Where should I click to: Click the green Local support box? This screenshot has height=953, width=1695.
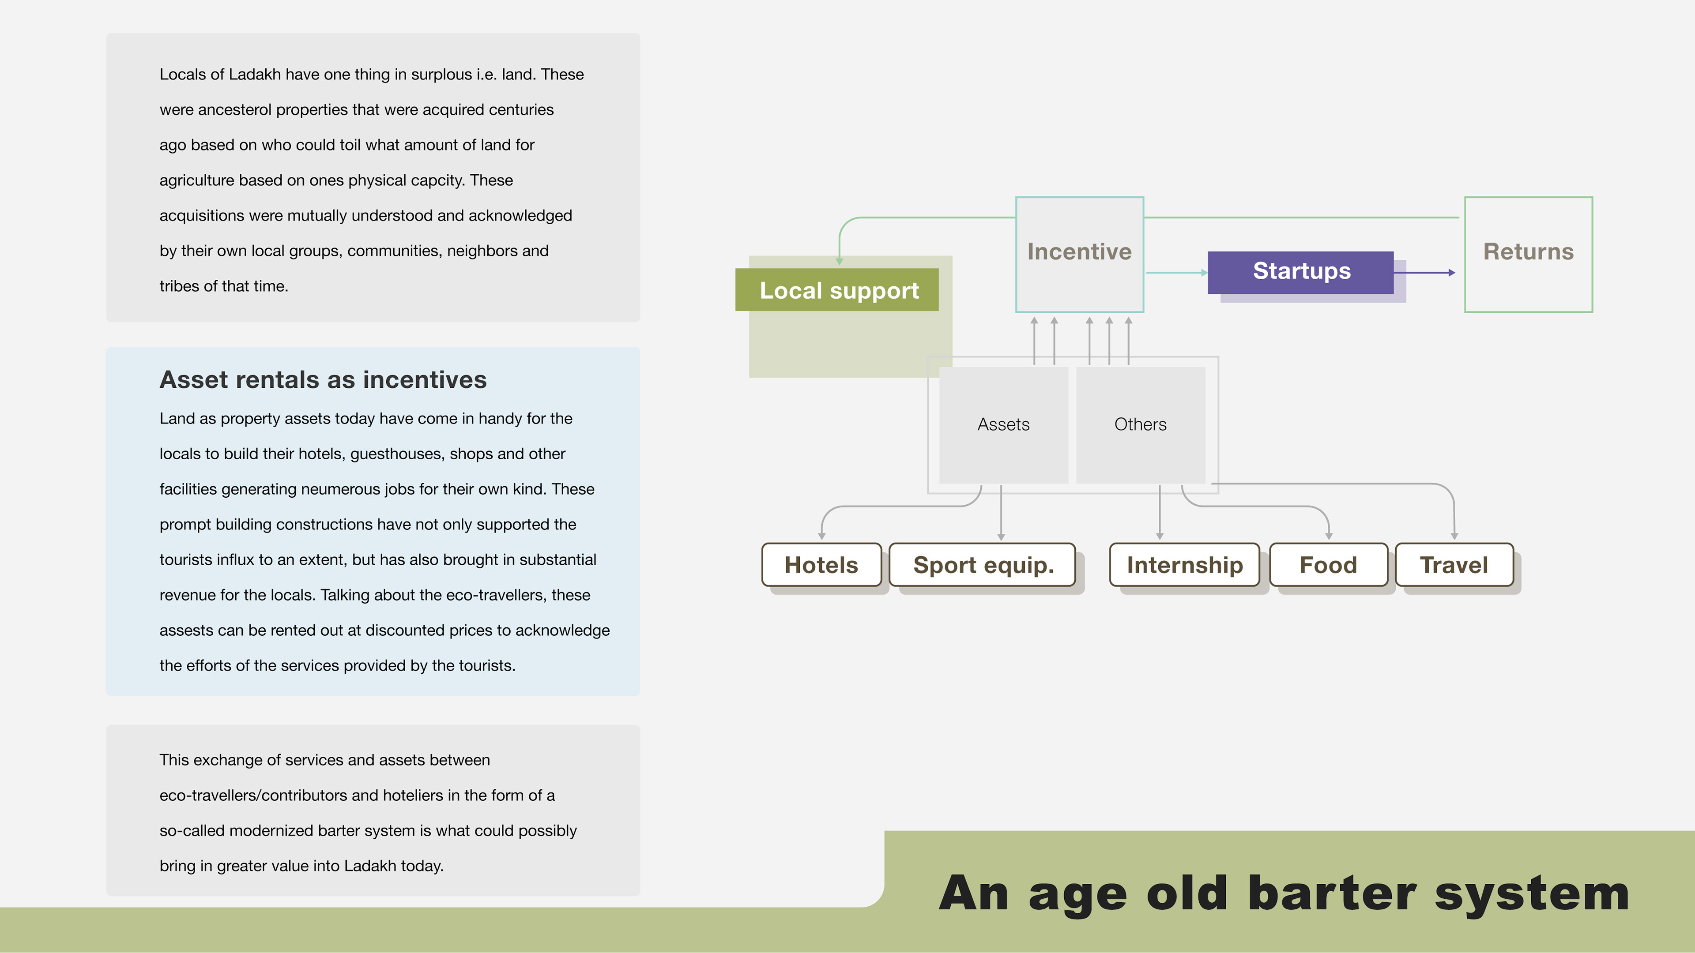click(837, 290)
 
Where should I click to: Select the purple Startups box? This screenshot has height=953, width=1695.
click(1300, 272)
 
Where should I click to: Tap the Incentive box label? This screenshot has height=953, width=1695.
click(1079, 252)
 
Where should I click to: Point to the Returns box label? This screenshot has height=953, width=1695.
click(1528, 252)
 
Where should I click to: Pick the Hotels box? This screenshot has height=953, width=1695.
click(821, 565)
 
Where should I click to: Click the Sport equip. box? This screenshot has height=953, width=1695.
click(983, 565)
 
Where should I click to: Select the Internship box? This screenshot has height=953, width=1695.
click(1184, 565)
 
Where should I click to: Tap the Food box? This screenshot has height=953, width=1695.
click(1328, 565)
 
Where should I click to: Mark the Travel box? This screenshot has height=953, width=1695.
click(1454, 565)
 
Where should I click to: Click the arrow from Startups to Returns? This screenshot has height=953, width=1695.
click(1424, 272)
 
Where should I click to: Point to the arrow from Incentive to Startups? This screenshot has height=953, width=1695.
click(1176, 272)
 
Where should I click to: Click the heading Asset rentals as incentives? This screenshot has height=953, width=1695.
click(323, 380)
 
